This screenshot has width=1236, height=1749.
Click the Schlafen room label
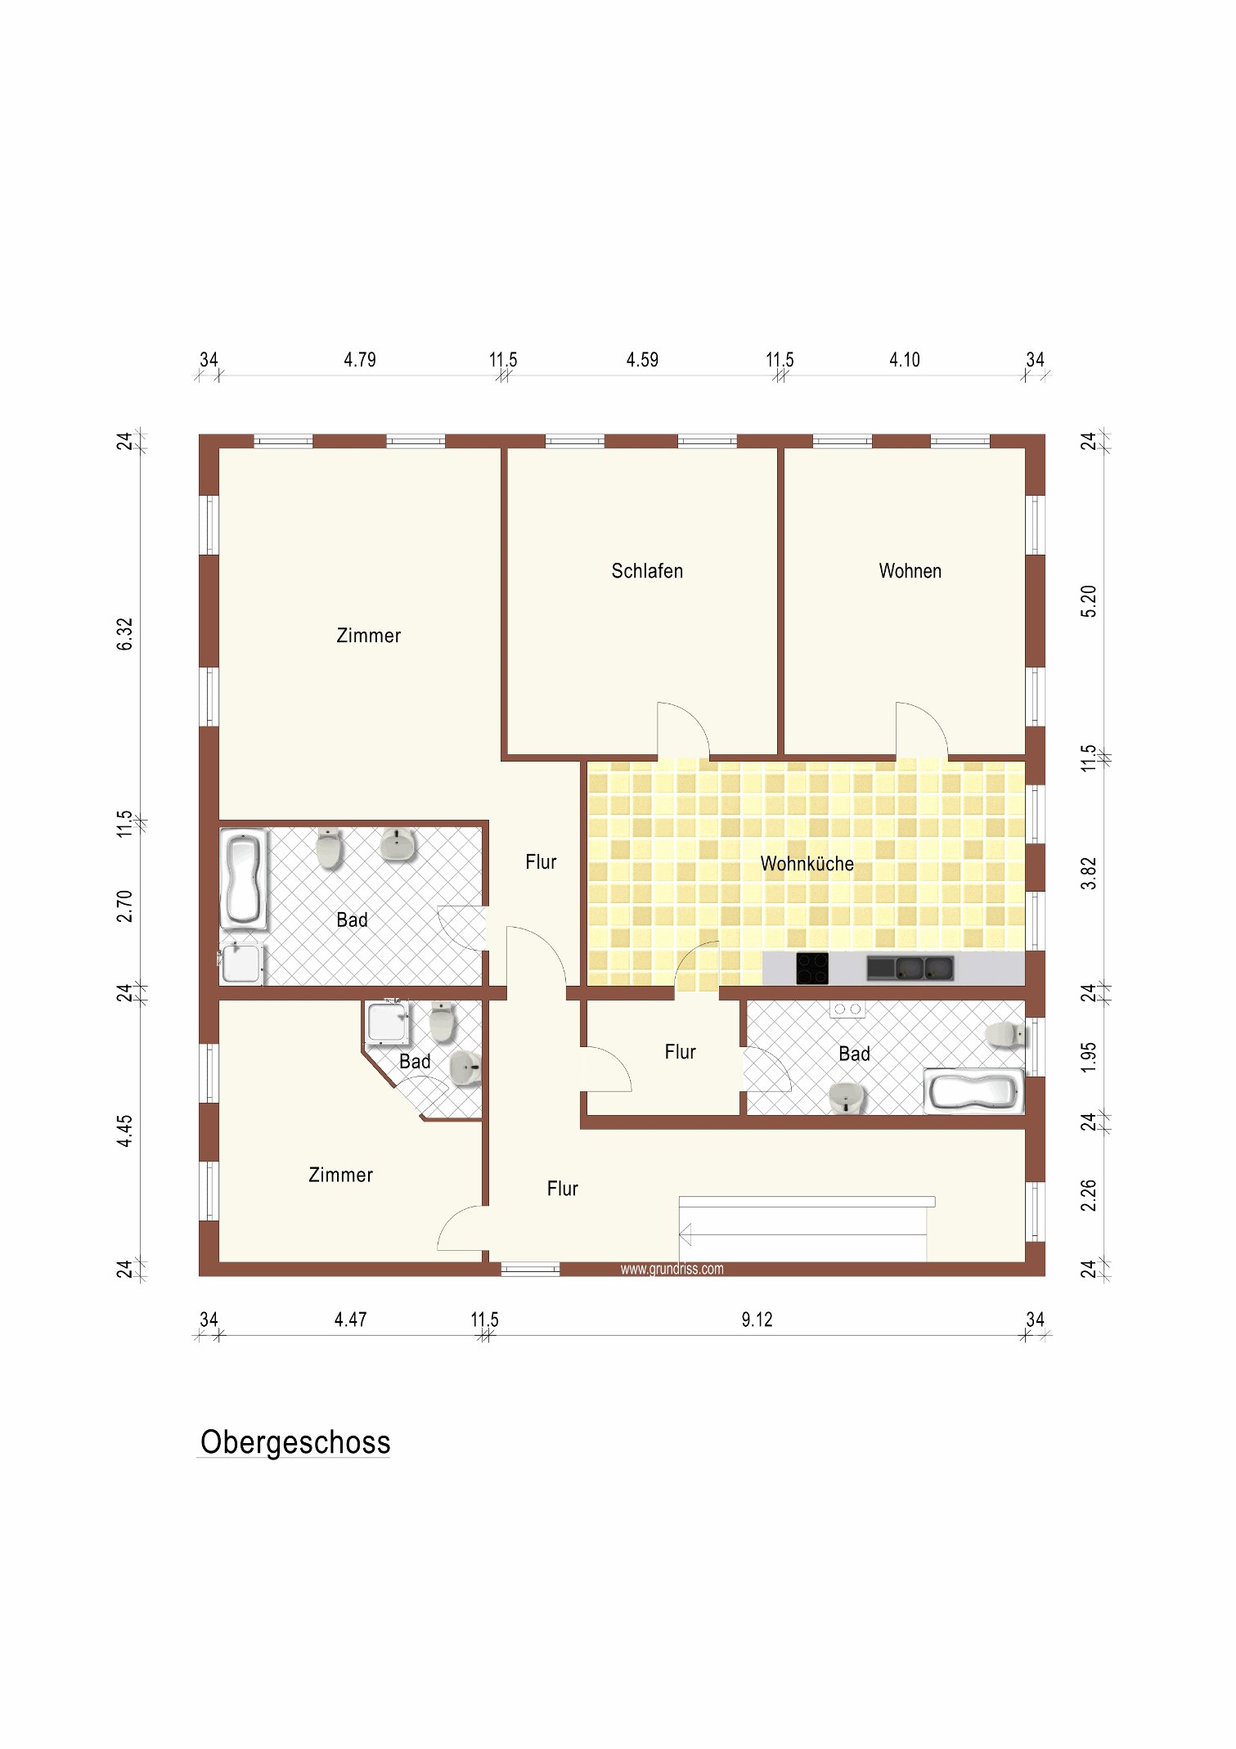(647, 571)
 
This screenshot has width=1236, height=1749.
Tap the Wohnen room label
(910, 571)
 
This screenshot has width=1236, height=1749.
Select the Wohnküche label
(807, 864)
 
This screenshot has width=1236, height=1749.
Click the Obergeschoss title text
(295, 1443)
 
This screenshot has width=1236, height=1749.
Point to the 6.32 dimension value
(124, 634)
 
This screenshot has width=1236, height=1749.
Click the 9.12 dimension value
(757, 1320)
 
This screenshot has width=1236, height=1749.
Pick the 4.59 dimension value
(642, 360)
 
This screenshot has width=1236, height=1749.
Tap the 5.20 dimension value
(1089, 601)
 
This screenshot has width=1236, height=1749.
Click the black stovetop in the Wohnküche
(812, 969)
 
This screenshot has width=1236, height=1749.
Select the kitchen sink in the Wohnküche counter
(910, 969)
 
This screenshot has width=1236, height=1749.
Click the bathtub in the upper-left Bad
(244, 879)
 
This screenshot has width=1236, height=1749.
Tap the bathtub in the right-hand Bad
(974, 1090)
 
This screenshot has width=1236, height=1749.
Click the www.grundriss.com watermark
(672, 1269)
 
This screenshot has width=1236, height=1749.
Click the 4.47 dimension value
(350, 1320)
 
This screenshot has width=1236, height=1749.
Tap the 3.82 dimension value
(1089, 874)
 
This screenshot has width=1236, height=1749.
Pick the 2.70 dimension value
(124, 906)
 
